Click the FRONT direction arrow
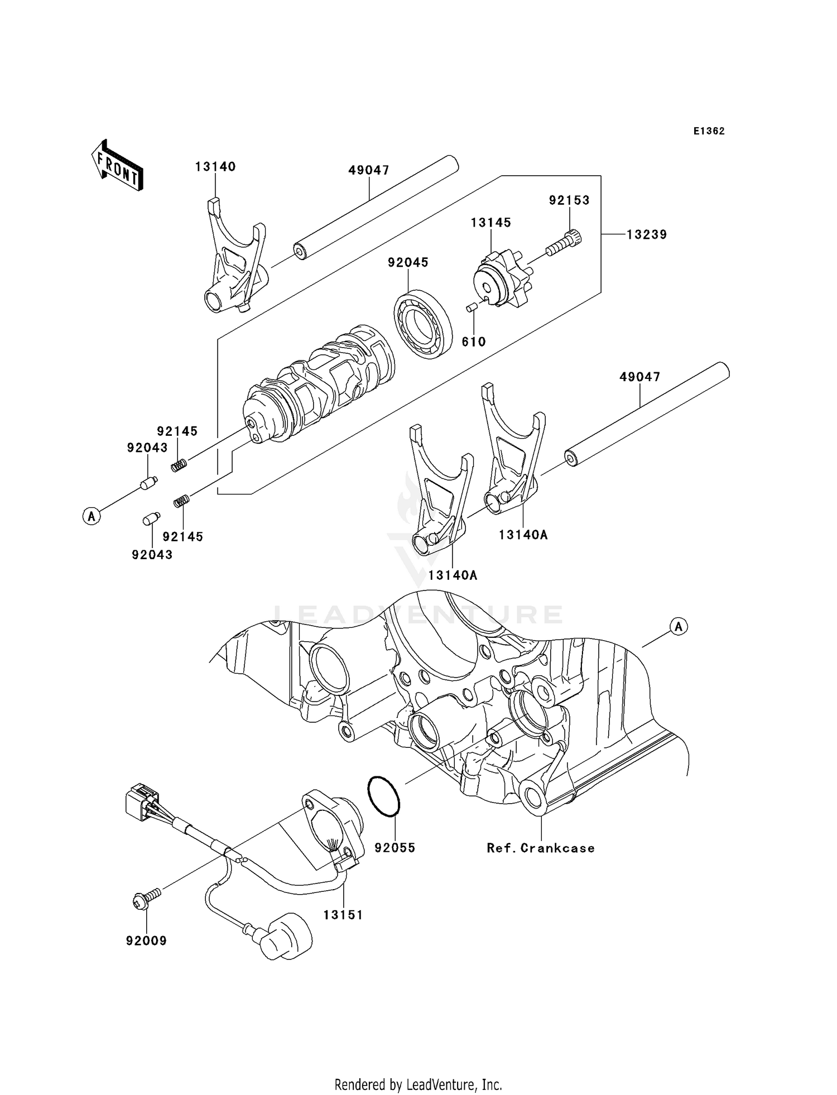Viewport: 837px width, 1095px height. pyautogui.click(x=117, y=166)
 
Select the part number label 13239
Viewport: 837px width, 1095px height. pyautogui.click(x=646, y=235)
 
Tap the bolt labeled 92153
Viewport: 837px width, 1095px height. pyautogui.click(x=564, y=243)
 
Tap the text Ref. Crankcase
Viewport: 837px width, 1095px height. pyautogui.click(x=540, y=848)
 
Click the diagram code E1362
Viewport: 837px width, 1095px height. pyautogui.click(x=709, y=131)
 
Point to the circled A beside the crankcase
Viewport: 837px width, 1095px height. pyautogui.click(x=678, y=627)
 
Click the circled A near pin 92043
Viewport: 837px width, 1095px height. pyautogui.click(x=92, y=516)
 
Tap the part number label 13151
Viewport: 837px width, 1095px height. pyautogui.click(x=343, y=915)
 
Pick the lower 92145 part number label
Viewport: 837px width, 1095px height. pyautogui.click(x=182, y=536)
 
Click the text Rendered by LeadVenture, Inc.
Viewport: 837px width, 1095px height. pyautogui.click(x=418, y=1084)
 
